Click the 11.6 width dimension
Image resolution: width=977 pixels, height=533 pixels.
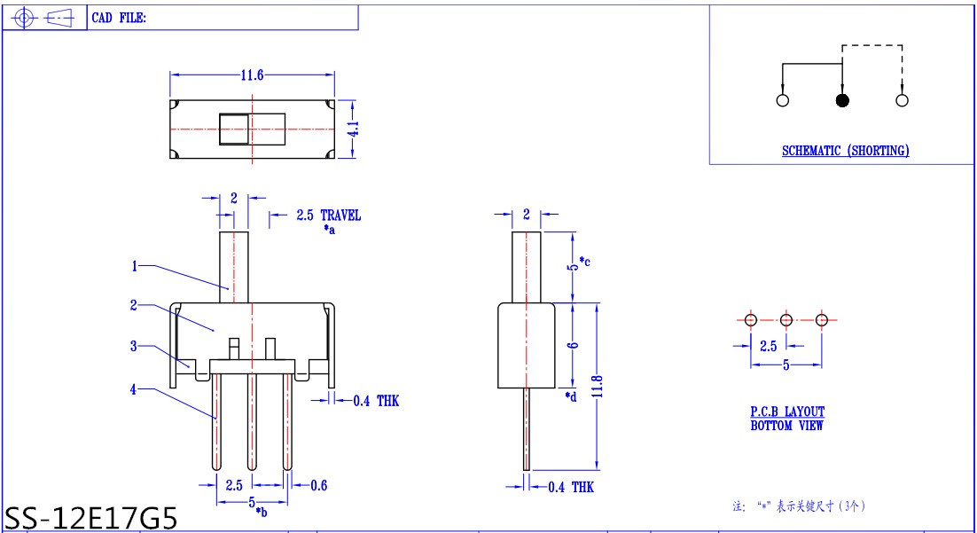click(x=253, y=75)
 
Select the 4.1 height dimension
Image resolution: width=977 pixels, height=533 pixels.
click(x=353, y=129)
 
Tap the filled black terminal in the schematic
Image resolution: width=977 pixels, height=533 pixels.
click(x=842, y=100)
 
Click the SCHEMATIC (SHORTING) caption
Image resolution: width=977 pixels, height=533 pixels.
click(x=846, y=151)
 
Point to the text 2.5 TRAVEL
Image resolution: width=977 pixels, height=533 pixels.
click(x=328, y=216)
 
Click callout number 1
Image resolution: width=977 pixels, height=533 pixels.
click(x=134, y=266)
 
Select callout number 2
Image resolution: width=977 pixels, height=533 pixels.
click(x=133, y=305)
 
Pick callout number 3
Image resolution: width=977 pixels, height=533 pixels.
click(x=133, y=346)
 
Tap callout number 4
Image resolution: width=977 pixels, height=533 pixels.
click(x=133, y=389)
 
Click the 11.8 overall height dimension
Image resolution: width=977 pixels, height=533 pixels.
click(x=598, y=387)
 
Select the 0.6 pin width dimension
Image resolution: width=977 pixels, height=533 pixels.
click(x=318, y=485)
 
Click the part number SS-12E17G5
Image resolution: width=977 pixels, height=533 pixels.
click(x=91, y=518)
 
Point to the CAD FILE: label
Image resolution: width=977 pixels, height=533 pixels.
click(x=119, y=18)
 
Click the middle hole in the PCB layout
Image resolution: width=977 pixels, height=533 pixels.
click(x=786, y=320)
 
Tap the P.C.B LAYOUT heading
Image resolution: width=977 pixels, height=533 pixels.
click(x=787, y=412)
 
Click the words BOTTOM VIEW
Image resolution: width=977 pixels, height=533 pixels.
click(x=787, y=426)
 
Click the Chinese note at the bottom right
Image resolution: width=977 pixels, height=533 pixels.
click(x=800, y=506)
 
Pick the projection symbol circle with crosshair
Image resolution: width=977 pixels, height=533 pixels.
click(x=24, y=18)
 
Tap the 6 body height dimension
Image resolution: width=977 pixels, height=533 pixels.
click(x=573, y=345)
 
